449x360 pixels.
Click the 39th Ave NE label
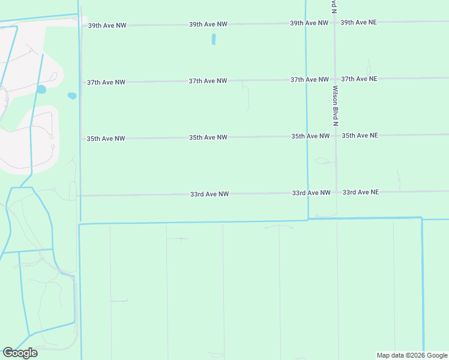coord(358,22)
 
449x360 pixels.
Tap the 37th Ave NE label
coord(359,79)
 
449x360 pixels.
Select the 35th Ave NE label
coord(360,136)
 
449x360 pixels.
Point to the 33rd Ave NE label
coord(360,192)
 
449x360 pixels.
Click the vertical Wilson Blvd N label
coord(336,106)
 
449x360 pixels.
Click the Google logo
coord(20,353)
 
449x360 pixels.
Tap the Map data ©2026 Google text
coord(411,355)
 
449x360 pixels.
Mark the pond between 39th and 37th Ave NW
coord(213,40)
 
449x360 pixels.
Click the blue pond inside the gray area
coord(41,89)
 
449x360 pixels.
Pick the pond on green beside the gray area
coord(72,95)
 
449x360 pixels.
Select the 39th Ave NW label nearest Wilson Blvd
coord(309,23)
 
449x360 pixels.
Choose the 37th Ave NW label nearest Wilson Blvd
coord(309,79)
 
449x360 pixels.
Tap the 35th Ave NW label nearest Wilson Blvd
coord(310,136)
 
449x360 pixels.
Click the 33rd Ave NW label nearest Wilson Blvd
coord(311,193)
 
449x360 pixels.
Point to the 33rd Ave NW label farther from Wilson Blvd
coord(209,194)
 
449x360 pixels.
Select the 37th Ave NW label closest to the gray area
coord(106,82)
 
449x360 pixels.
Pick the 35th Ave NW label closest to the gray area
coord(106,139)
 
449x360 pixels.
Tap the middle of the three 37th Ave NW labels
coord(208,81)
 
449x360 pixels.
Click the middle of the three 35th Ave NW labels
coord(208,137)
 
